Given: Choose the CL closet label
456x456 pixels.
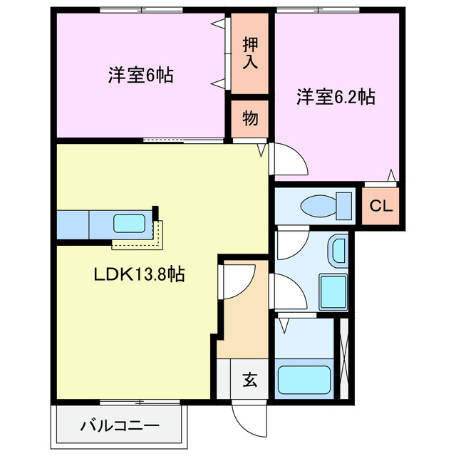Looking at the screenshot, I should (380, 207).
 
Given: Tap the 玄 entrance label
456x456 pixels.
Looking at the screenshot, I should (249, 379).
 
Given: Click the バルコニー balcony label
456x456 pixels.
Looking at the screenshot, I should (120, 427).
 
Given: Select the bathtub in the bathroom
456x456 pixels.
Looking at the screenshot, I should (304, 379).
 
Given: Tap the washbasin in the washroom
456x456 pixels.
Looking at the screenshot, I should (338, 252).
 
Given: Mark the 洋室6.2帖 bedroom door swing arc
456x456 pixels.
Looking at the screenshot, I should (290, 158).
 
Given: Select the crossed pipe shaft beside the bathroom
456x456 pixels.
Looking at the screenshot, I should (345, 358).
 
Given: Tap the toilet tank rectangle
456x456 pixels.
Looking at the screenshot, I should (346, 206).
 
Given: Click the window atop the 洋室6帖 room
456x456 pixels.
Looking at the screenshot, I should (141, 10).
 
